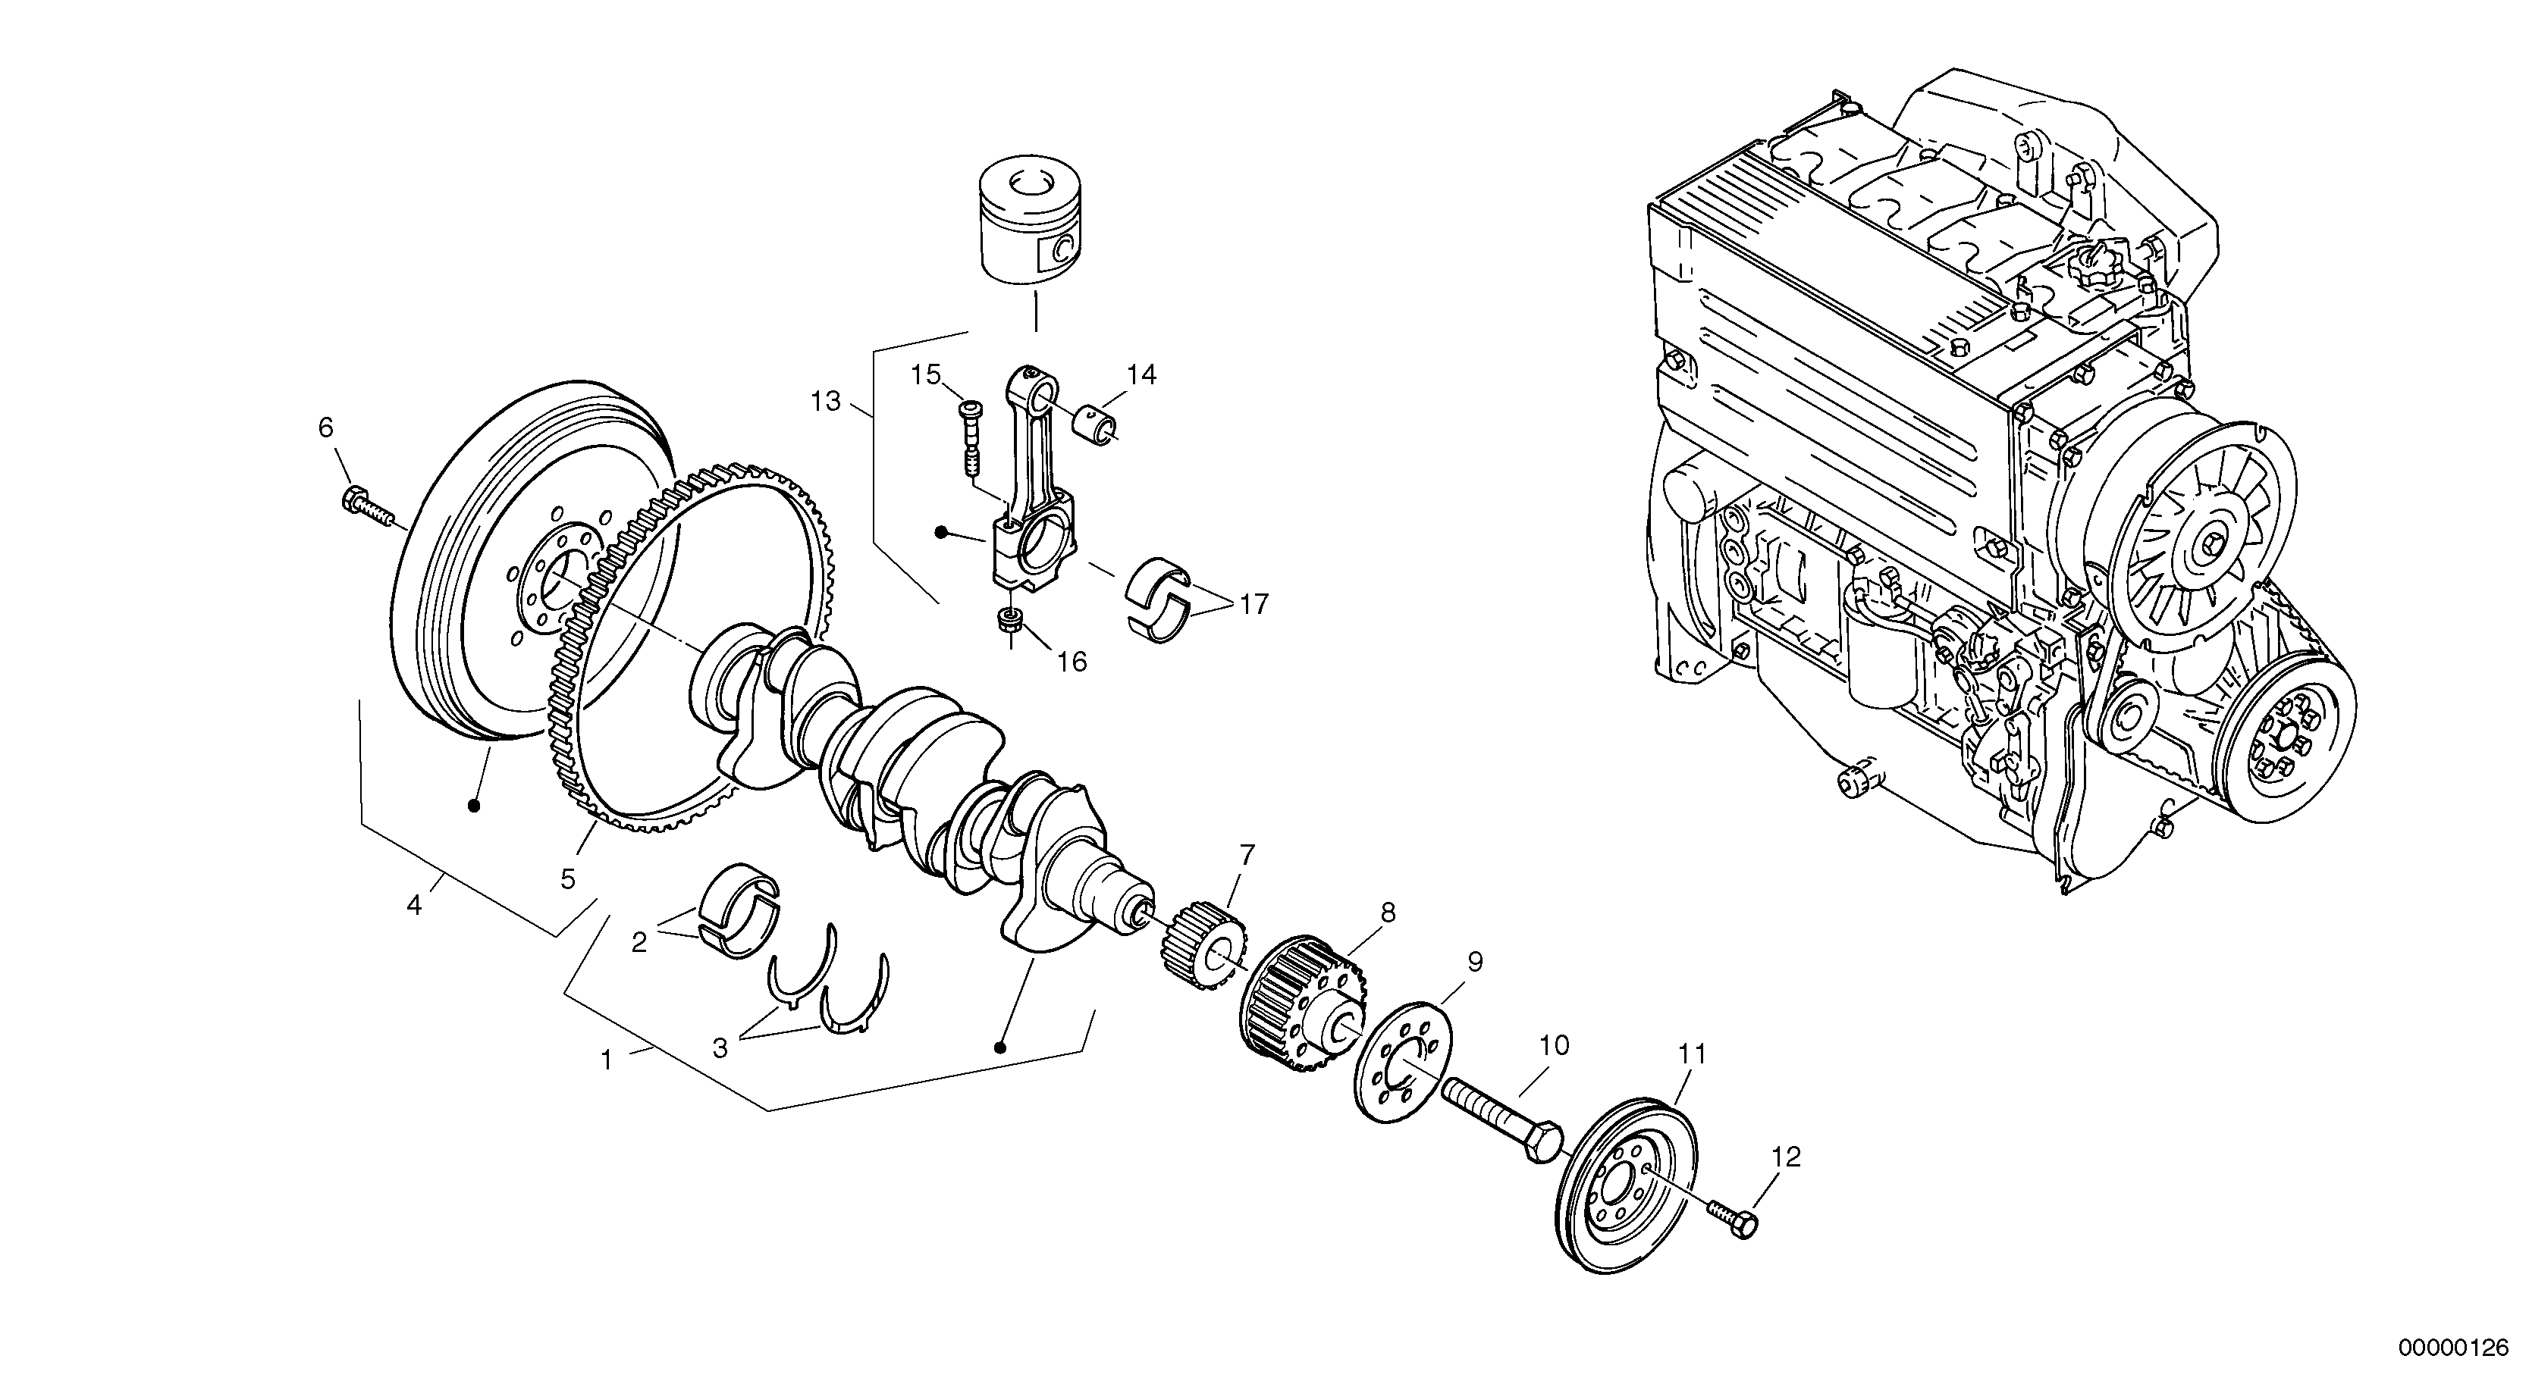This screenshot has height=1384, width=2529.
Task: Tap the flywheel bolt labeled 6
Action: pos(364,506)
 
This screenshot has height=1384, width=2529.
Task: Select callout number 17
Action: pos(1254,603)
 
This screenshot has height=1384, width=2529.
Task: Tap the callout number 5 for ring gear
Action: pos(569,879)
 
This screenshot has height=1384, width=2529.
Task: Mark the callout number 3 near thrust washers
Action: pos(720,1048)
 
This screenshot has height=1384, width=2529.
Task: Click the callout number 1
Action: pos(607,1060)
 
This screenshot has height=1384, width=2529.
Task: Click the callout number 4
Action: pos(414,905)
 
